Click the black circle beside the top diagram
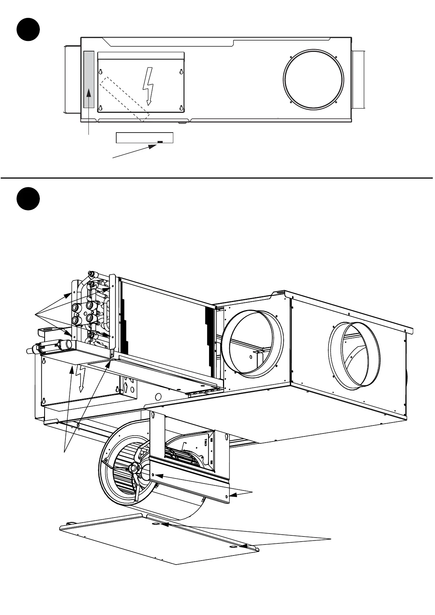(x=28, y=30)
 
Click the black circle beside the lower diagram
(x=28, y=199)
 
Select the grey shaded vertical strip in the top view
(x=89, y=79)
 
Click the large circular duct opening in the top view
(x=314, y=79)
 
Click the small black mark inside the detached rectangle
(x=160, y=142)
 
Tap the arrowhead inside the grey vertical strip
(x=89, y=94)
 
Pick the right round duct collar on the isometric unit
(x=355, y=355)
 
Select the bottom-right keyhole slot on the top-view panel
(x=181, y=108)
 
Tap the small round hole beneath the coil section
(x=158, y=396)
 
